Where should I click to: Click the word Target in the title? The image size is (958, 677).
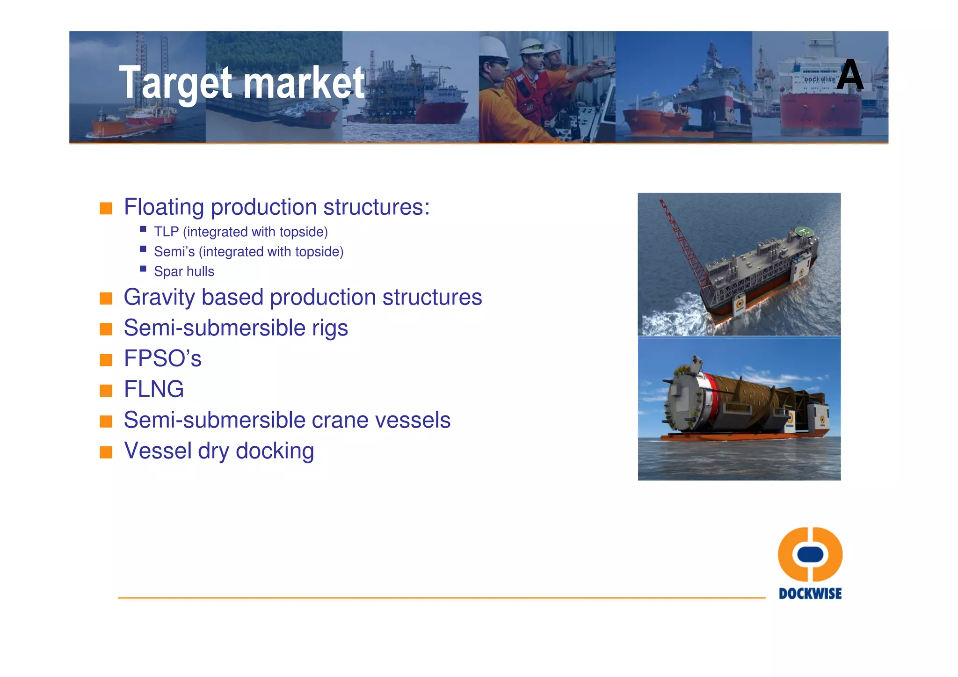[175, 83]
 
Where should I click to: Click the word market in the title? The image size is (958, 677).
[304, 83]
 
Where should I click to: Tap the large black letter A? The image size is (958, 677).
[849, 75]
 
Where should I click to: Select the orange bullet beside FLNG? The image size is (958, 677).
[106, 390]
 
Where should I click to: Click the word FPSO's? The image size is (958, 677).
[162, 359]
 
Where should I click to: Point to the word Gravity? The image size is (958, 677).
[159, 298]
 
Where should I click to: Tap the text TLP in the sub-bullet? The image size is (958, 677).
[166, 232]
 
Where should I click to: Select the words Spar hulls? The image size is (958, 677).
[184, 272]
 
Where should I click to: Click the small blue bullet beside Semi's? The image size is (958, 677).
[143, 249]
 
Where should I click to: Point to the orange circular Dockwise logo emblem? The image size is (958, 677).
[810, 554]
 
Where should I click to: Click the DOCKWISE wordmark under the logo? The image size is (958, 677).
[810, 594]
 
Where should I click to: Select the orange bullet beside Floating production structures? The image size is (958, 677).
[106, 208]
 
